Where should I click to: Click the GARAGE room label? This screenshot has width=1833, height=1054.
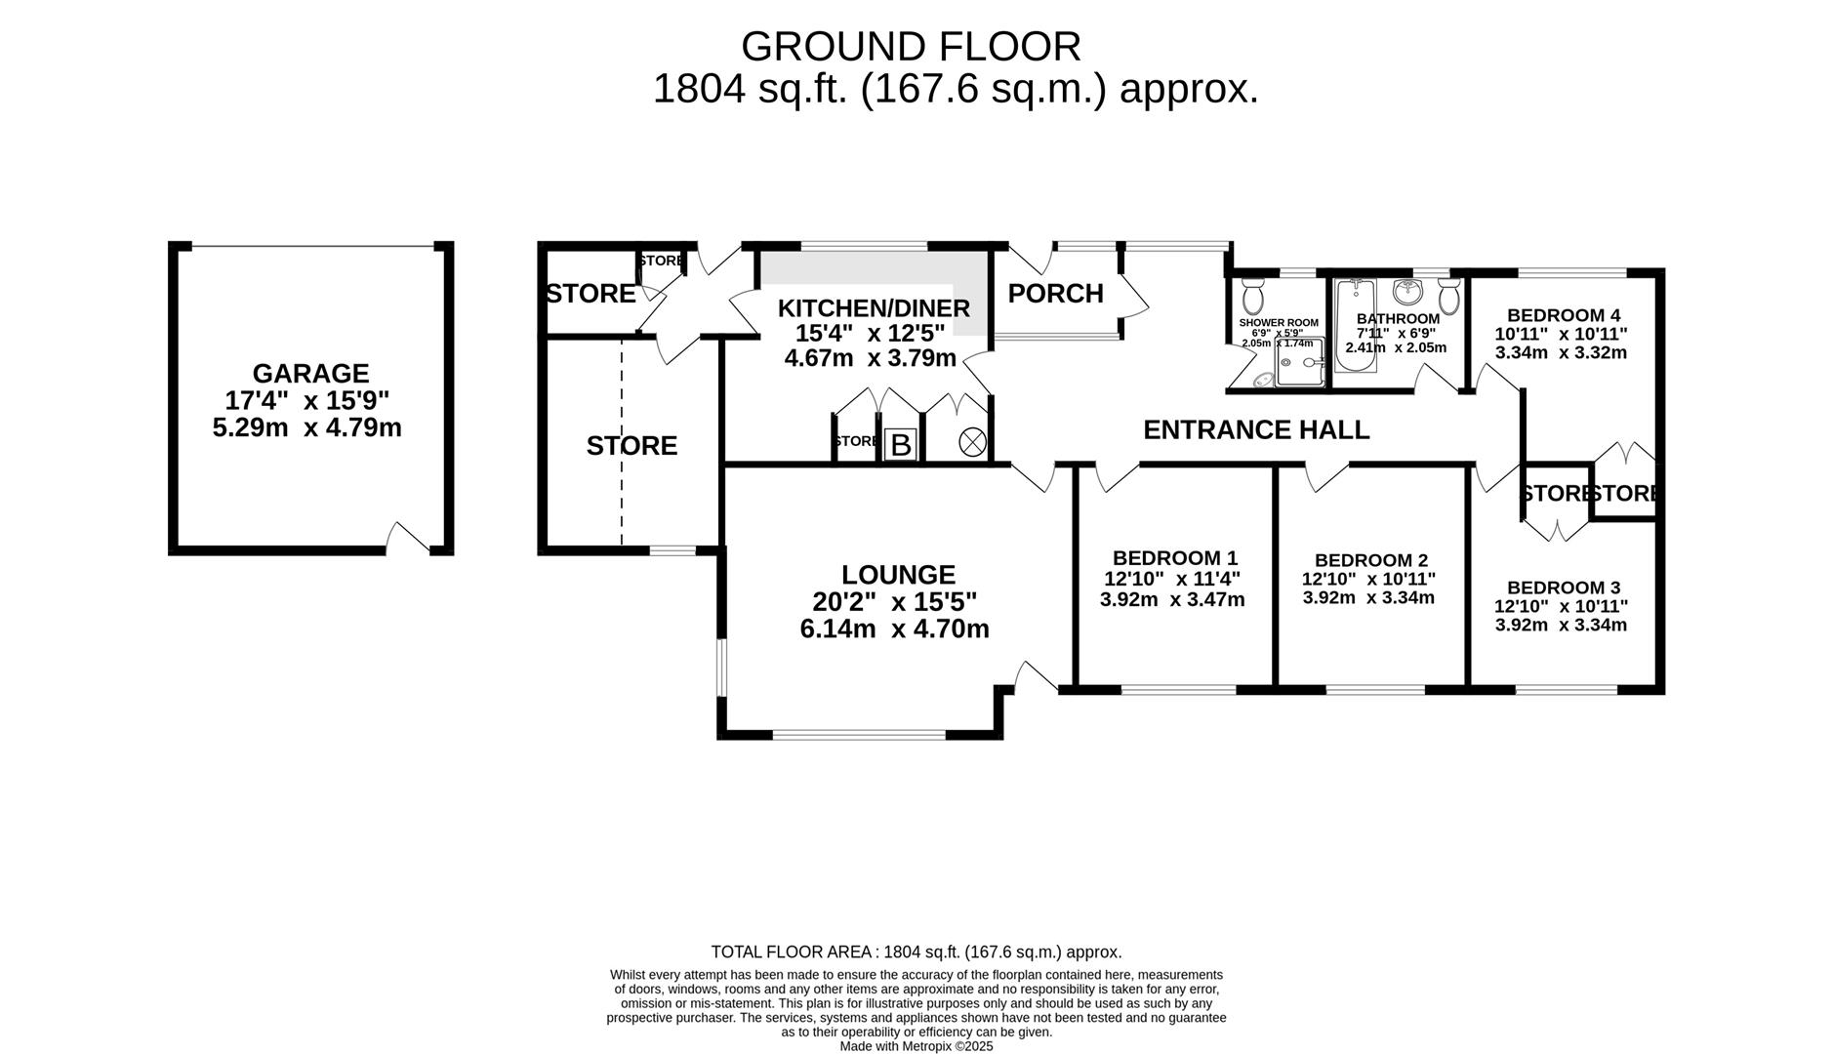pyautogui.click(x=310, y=374)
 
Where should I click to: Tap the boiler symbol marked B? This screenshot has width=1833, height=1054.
pyautogui.click(x=901, y=445)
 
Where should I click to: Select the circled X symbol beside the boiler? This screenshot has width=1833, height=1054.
pyautogui.click(x=972, y=442)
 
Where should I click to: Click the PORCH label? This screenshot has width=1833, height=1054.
pyautogui.click(x=1055, y=294)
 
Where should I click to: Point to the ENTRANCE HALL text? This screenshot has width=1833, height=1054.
pyautogui.click(x=1255, y=429)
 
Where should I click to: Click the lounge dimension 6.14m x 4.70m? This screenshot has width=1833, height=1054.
pyautogui.click(x=894, y=629)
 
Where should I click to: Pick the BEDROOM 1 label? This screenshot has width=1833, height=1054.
pyautogui.click(x=1174, y=558)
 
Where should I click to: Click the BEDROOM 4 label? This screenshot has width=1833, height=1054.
pyautogui.click(x=1563, y=315)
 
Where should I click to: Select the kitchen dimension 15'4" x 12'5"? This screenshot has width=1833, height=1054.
pyautogui.click(x=870, y=333)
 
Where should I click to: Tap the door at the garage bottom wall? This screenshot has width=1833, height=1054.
pyautogui.click(x=408, y=539)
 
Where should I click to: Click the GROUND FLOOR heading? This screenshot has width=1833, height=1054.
pyautogui.click(x=911, y=47)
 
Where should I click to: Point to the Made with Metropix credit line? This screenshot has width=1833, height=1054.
pyautogui.click(x=916, y=1046)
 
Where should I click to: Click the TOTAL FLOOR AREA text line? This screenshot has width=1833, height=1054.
pyautogui.click(x=916, y=952)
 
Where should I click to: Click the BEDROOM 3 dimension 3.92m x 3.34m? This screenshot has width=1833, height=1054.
pyautogui.click(x=1560, y=624)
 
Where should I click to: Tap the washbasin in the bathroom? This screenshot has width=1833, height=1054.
pyautogui.click(x=1406, y=292)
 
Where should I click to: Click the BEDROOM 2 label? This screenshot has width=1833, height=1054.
pyautogui.click(x=1370, y=560)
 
